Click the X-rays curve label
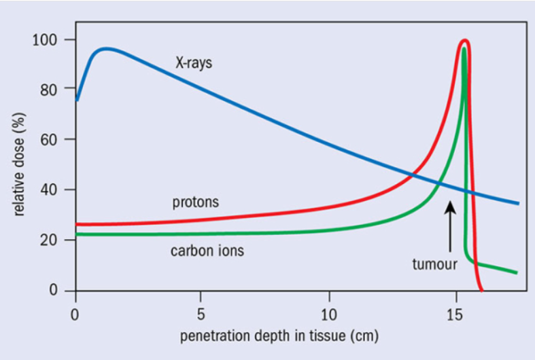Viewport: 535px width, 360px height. click(194, 62)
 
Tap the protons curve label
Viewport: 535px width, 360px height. click(196, 202)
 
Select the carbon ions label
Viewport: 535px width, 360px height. click(207, 251)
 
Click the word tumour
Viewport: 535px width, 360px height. click(434, 264)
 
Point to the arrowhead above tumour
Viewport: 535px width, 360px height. click(451, 206)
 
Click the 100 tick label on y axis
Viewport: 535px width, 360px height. click(44, 40)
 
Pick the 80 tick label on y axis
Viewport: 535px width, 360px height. click(48, 90)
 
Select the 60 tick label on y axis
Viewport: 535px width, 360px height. click(48, 140)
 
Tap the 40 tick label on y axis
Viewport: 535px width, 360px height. click(48, 190)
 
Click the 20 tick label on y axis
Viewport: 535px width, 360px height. click(48, 240)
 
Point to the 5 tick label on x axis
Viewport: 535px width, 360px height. click(201, 314)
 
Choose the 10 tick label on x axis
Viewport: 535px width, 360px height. click(329, 314)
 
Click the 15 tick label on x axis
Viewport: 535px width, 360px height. click(455, 314)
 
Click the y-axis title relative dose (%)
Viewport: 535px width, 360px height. click(19, 164)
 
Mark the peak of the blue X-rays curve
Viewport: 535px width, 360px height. click(107, 49)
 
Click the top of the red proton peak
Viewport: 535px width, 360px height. click(465, 41)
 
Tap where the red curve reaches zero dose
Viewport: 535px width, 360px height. click(481, 291)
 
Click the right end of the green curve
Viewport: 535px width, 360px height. click(517, 273)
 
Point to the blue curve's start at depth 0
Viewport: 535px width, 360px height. click(77, 101)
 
